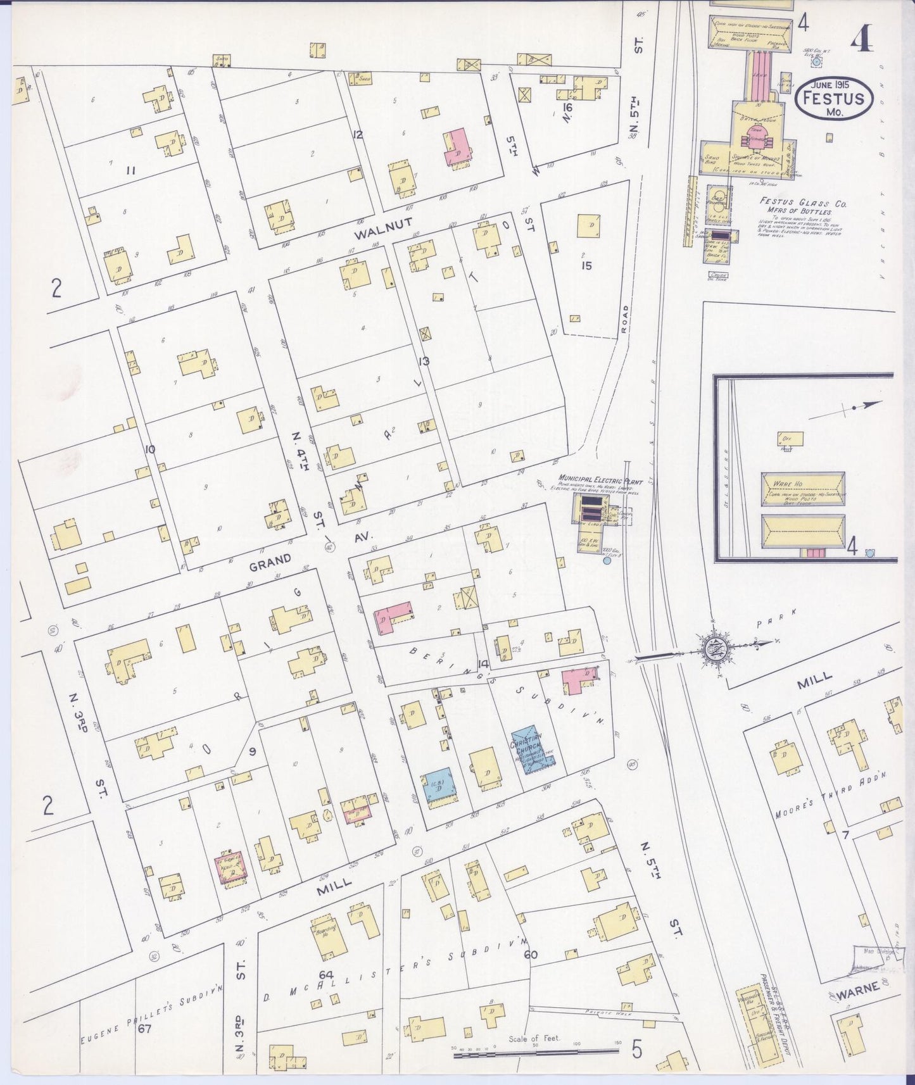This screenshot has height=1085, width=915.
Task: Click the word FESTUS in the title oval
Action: (x=833, y=99)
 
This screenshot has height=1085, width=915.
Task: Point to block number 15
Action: (x=587, y=266)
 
